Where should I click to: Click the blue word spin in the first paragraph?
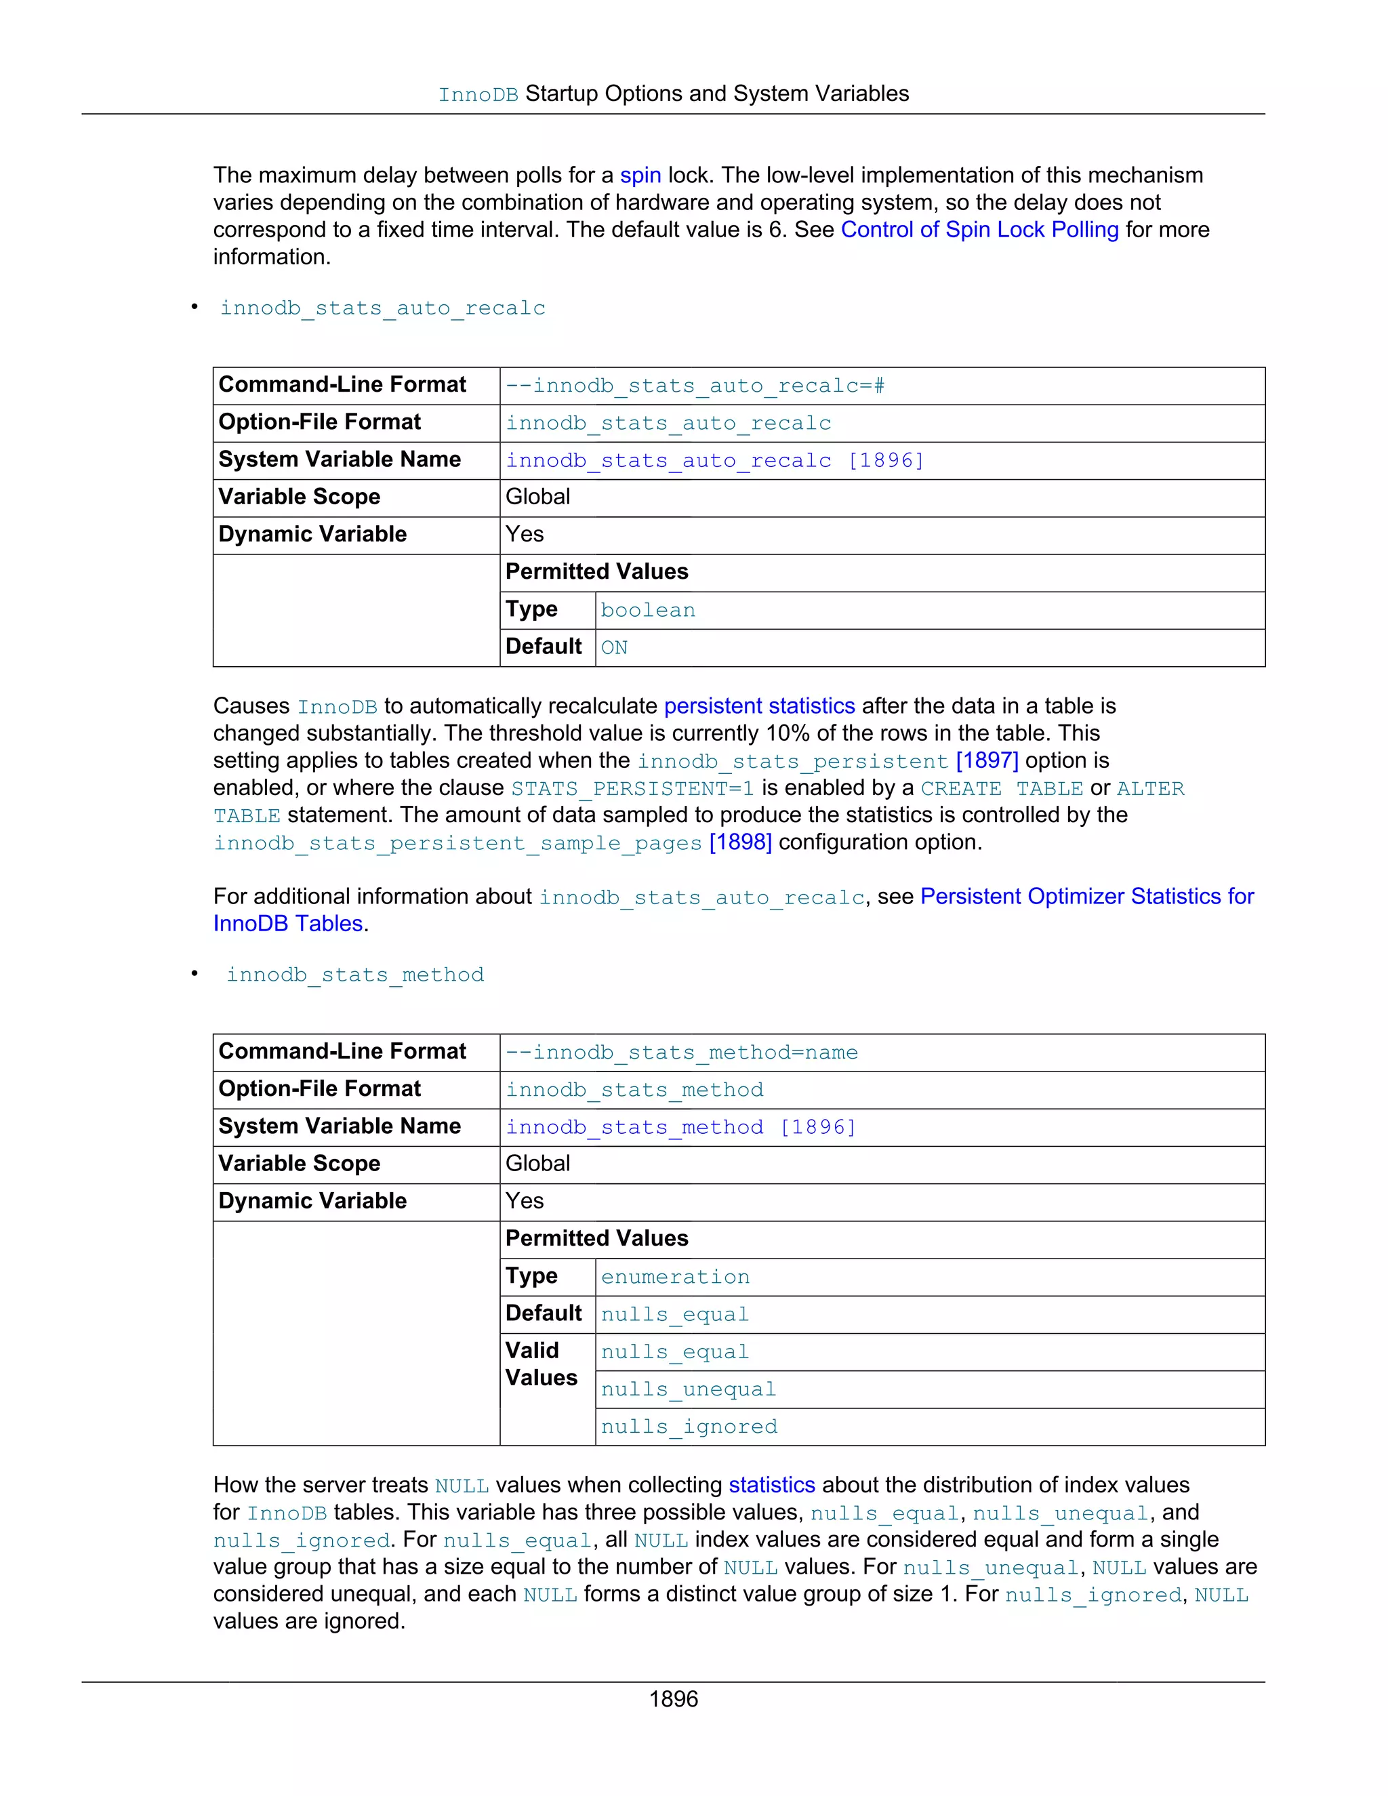tap(640, 175)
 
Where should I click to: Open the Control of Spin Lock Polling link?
tap(979, 230)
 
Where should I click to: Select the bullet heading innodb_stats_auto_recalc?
tap(382, 308)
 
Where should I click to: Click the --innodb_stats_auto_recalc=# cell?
tap(695, 386)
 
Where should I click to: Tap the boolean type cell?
tap(648, 610)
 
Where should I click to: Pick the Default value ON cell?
tap(614, 648)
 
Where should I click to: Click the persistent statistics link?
tap(759, 706)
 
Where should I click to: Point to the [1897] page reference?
tap(987, 760)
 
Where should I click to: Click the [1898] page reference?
tap(740, 842)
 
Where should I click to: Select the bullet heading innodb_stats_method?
tap(355, 975)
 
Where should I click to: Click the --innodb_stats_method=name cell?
tap(682, 1053)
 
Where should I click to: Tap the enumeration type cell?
tap(675, 1277)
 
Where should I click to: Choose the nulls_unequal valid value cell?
tap(689, 1390)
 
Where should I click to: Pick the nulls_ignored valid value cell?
tap(689, 1427)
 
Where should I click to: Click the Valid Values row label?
tap(541, 1364)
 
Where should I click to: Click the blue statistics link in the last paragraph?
tap(771, 1484)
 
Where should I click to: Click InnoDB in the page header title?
tap(478, 95)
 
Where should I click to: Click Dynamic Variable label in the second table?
tap(312, 1201)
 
